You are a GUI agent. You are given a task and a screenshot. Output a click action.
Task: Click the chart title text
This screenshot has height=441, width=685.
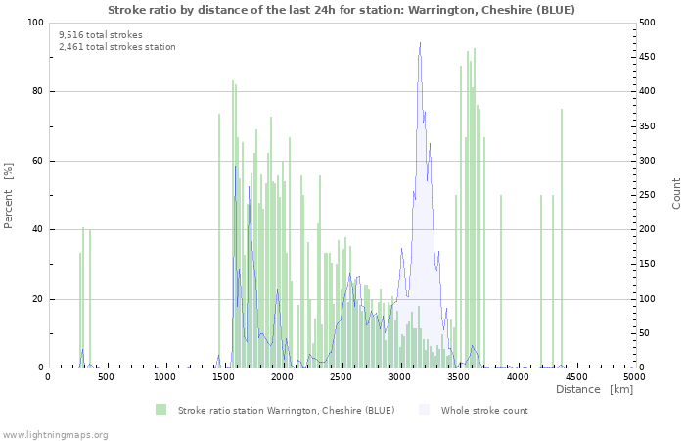(341, 10)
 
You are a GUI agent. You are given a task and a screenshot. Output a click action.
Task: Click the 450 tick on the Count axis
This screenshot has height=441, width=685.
(650, 57)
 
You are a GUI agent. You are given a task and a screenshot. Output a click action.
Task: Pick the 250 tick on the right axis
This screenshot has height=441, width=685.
(650, 195)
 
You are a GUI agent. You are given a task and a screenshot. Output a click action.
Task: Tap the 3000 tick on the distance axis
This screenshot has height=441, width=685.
(400, 376)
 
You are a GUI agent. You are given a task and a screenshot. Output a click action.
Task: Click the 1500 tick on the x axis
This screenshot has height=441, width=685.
(224, 376)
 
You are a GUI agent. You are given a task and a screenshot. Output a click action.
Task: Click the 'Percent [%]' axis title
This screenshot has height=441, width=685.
(9, 195)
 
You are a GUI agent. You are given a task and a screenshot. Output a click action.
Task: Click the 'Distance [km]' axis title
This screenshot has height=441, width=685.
(594, 390)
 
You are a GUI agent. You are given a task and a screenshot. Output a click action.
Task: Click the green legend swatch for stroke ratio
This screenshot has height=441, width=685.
(160, 410)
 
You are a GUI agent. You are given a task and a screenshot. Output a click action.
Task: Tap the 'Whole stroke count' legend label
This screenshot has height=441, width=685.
(484, 410)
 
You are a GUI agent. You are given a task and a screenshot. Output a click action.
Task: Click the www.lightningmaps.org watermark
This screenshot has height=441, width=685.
(55, 434)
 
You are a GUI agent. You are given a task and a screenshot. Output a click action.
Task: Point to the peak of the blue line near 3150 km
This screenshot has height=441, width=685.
(420, 43)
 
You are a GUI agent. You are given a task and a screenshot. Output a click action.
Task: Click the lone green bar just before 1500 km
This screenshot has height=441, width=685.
(219, 240)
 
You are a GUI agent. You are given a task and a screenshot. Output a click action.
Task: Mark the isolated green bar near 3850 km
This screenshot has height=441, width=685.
(501, 281)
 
